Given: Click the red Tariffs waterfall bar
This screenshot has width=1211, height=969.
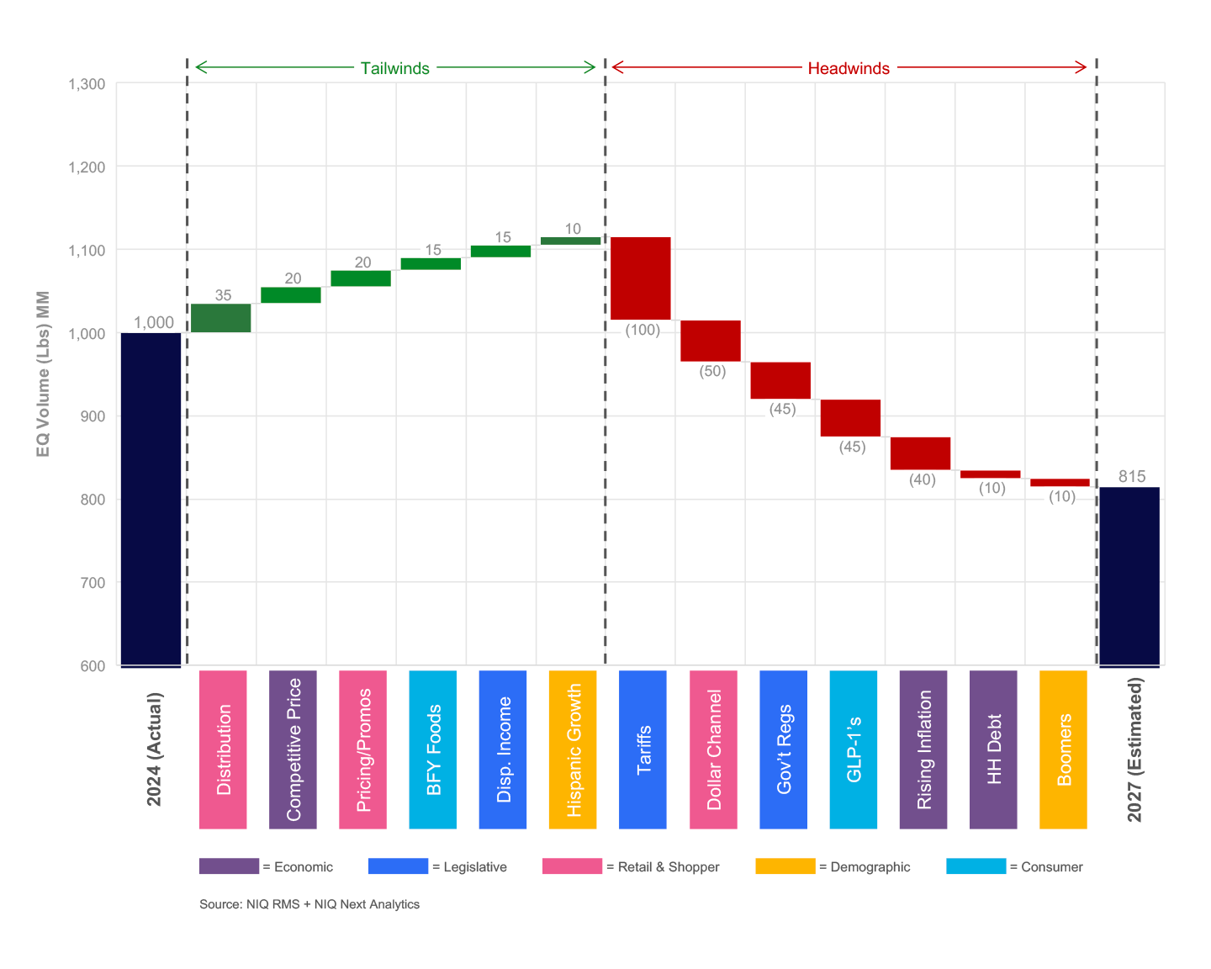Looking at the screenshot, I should coord(640,278).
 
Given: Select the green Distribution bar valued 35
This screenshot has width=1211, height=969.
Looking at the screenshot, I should coord(221,318).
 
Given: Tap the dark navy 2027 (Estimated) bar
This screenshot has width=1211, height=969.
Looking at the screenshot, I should coord(1129,576).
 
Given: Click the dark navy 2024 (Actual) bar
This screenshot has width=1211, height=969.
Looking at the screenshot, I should coord(151,499).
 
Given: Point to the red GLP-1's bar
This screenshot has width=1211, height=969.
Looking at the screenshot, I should coord(850,418).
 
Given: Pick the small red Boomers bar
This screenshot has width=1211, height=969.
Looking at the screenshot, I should coord(1060,483).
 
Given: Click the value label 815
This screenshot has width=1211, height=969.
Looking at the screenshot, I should coord(1132,477).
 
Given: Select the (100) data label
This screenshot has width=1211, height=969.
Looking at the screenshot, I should coord(643,330).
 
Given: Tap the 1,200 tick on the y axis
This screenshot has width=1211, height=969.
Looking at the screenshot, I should coord(87,167).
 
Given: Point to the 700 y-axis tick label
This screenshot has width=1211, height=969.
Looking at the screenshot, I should coord(93,583).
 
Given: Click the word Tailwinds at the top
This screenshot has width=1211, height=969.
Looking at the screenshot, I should coord(394,68).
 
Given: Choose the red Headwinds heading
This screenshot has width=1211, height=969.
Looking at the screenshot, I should coord(849,68).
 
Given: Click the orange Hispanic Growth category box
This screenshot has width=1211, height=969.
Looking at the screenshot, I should coord(573,749).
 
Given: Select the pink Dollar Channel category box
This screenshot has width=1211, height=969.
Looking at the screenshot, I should coord(713,749).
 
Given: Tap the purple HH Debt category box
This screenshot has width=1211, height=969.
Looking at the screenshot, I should coord(993,749).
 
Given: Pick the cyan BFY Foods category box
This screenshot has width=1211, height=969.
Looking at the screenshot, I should coord(432,749).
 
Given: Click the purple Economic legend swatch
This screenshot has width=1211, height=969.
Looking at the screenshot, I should coord(229,866).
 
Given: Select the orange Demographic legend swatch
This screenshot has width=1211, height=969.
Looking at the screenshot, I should coord(785,866).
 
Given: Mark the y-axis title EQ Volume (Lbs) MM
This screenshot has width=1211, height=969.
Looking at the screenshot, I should coord(44,374).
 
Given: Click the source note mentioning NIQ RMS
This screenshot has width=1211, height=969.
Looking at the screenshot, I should coord(309,904).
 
